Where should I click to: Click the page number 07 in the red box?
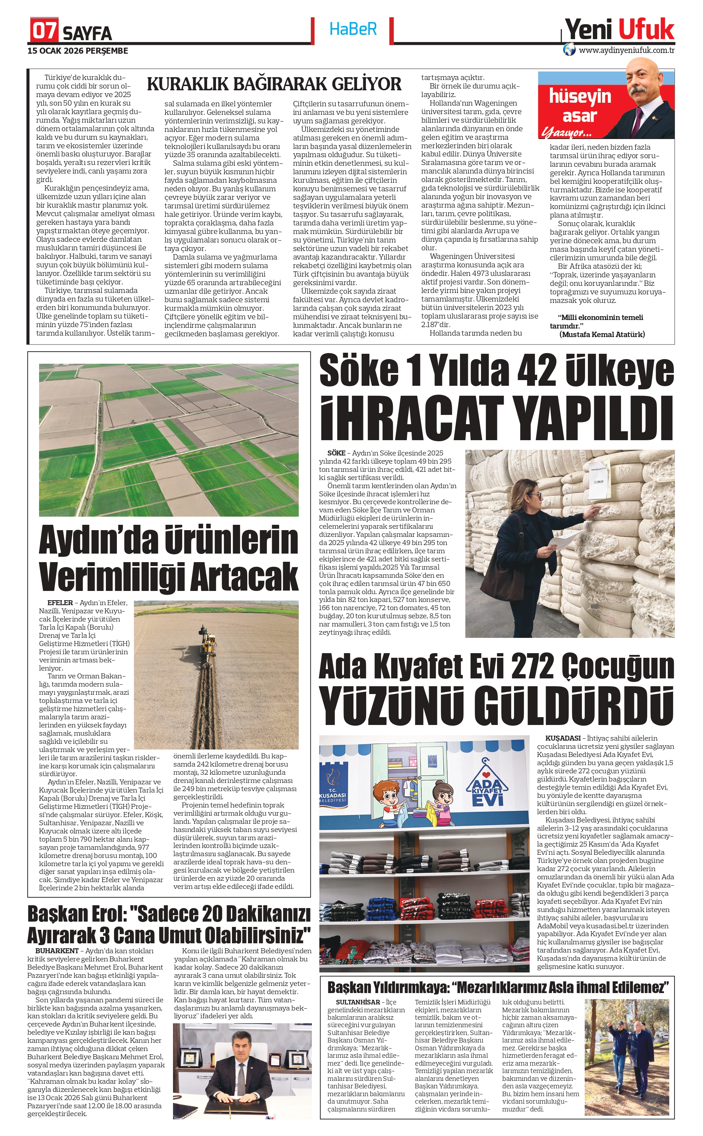point(44,30)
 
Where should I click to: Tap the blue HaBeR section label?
point(353,29)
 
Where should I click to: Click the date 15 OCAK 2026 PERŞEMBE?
point(78,51)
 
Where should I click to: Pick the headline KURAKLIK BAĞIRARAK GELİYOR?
point(274,84)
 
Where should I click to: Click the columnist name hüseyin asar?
point(580,106)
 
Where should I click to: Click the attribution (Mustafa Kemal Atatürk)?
point(602,334)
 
